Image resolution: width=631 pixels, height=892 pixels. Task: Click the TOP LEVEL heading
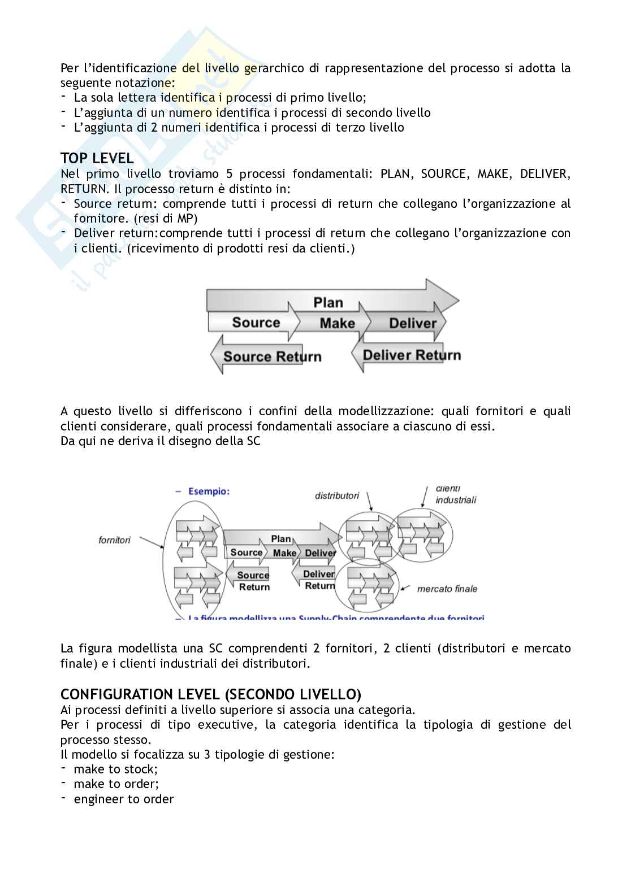point(97,158)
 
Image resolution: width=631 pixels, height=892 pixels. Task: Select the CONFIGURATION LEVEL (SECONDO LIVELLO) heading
point(211,694)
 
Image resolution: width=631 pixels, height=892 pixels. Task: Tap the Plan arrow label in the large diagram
point(328,302)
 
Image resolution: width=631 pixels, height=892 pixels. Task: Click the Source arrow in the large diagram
point(256,323)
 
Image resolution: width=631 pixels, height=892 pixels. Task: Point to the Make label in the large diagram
point(337,323)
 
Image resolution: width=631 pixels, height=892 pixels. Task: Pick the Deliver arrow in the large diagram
point(412,323)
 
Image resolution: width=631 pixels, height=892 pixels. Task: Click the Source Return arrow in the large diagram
point(271,356)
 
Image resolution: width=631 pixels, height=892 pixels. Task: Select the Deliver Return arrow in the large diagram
point(411,355)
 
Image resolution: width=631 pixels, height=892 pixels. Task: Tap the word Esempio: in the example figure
point(209,491)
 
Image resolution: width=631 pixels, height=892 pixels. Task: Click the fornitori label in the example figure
point(114,540)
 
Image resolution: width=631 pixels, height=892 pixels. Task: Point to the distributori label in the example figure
point(337,495)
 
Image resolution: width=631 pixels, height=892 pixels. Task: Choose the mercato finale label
point(447,589)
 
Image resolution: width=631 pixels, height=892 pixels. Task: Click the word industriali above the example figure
point(456,499)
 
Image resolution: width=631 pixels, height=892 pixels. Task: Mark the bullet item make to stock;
point(115,769)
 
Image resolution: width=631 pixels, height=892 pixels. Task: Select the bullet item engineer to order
point(123,799)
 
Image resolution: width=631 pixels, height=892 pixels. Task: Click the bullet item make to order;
point(116,784)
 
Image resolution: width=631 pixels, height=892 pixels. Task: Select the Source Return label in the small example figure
point(253,581)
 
